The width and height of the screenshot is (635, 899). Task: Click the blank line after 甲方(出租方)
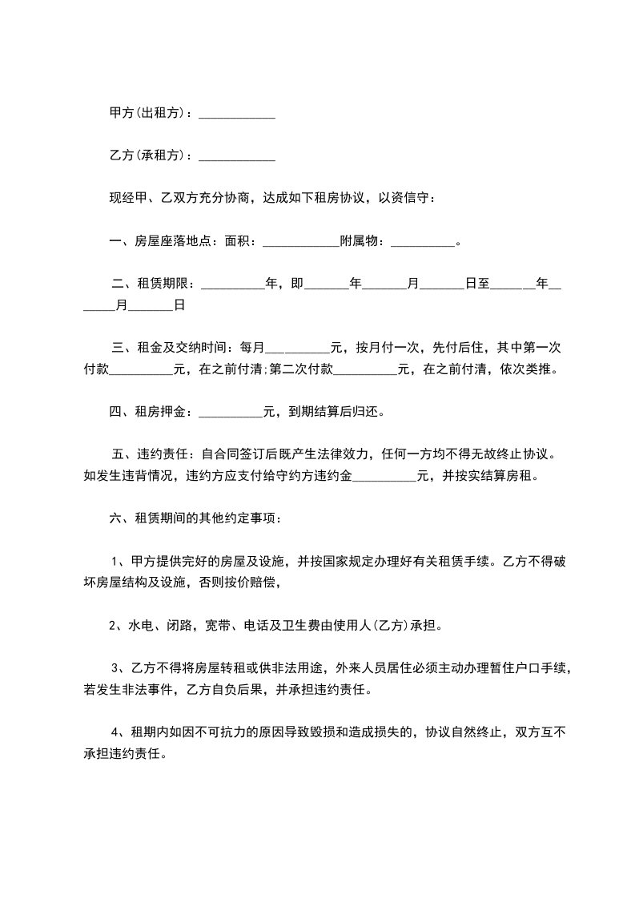pos(236,114)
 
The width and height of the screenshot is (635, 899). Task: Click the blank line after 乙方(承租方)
pos(236,155)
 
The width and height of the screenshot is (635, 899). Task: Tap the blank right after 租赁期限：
pos(232,284)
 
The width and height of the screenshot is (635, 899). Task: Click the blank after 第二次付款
pos(365,369)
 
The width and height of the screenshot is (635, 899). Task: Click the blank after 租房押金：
pos(230,413)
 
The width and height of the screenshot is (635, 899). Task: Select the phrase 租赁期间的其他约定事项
pos(204,519)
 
